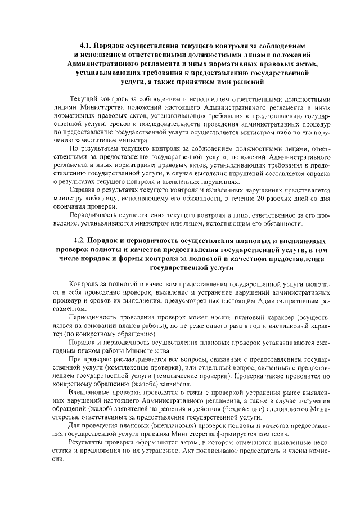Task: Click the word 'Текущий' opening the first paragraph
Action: click(83, 99)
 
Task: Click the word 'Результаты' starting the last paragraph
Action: click(86, 442)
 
